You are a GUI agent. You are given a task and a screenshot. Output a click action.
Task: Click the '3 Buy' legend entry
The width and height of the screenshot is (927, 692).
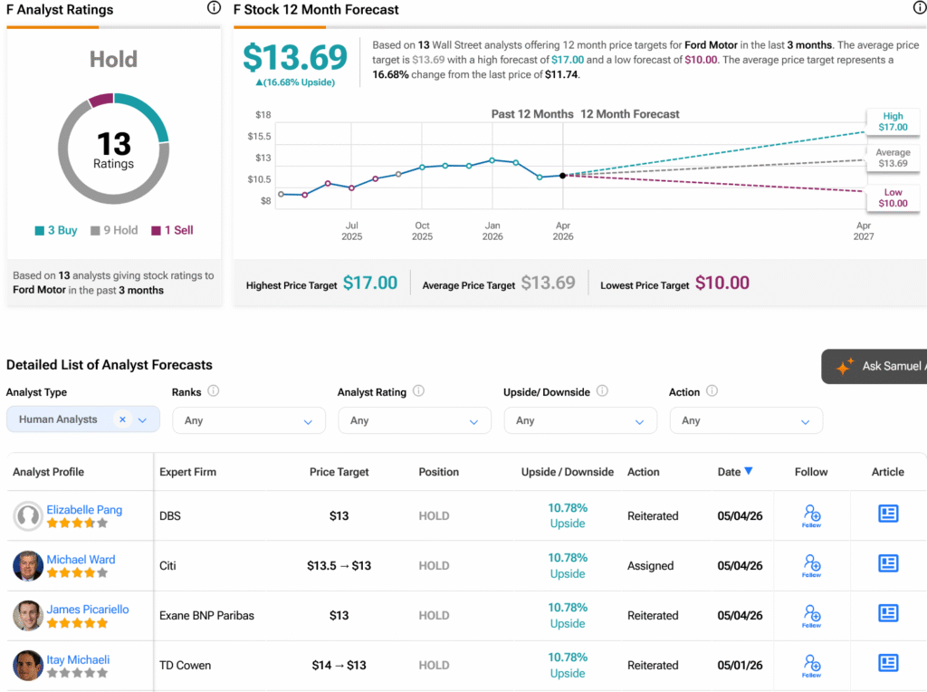tap(56, 230)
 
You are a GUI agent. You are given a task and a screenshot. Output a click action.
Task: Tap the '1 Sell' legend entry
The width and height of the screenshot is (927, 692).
tap(172, 230)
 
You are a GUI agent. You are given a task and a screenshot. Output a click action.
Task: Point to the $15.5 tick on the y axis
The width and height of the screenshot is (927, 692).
tap(259, 136)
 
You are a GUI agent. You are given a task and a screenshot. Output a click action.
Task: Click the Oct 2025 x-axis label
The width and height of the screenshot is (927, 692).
tap(422, 231)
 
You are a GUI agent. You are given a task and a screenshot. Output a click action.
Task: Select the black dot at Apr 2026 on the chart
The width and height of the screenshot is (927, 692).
tap(563, 176)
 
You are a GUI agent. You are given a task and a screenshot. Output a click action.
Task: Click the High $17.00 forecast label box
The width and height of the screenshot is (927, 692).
tap(893, 121)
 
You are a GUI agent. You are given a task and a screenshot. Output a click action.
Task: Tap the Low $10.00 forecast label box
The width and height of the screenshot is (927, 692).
tap(893, 197)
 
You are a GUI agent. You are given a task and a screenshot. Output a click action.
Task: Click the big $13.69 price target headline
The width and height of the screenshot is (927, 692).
tap(295, 57)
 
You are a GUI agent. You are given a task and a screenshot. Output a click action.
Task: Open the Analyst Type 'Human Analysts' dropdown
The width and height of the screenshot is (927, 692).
tap(82, 419)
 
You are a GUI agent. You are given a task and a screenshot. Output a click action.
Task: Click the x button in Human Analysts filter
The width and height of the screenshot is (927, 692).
tap(122, 419)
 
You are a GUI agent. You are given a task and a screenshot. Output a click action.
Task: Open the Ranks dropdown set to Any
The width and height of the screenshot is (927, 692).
tap(249, 420)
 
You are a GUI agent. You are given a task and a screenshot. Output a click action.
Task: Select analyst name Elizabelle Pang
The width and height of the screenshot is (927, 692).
tap(84, 510)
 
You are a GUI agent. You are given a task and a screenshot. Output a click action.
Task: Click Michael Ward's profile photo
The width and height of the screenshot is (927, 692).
tap(28, 566)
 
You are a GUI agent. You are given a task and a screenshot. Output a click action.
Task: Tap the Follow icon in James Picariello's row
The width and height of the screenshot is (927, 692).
tap(811, 615)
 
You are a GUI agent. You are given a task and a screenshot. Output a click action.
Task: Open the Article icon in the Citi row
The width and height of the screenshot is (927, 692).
tap(888, 563)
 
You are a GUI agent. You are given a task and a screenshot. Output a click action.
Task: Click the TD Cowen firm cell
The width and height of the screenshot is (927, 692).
tap(185, 666)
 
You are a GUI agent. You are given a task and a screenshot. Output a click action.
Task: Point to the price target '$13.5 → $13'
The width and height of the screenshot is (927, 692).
tap(339, 566)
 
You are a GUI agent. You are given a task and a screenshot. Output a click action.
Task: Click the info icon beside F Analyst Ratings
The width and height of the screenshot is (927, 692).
tap(214, 7)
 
